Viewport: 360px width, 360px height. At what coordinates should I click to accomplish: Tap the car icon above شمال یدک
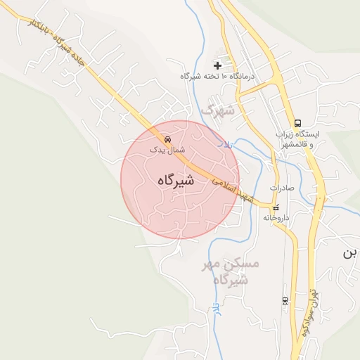pos(167,139)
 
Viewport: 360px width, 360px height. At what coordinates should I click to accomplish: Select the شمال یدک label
pos(167,149)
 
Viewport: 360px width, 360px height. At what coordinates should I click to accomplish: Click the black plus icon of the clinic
pos(217,65)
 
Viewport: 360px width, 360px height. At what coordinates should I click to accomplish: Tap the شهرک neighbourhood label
pos(217,111)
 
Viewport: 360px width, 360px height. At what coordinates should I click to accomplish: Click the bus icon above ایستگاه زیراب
pos(298,122)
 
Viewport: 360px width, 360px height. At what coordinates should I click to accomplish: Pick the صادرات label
pos(281,188)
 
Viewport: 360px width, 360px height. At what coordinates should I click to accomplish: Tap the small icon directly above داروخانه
pos(276,207)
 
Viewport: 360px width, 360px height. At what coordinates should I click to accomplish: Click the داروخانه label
pos(276,218)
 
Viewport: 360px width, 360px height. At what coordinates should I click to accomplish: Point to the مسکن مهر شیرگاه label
pos(231,271)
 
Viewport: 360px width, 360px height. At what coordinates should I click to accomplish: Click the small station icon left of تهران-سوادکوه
pos(285,301)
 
